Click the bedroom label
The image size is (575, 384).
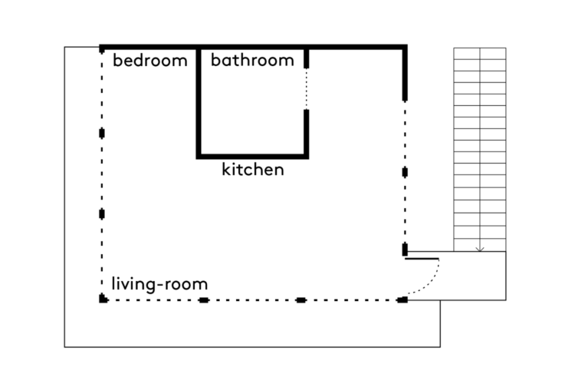[150, 60]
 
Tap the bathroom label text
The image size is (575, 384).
[252, 60]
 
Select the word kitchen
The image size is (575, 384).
[253, 170]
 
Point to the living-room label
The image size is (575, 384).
[159, 283]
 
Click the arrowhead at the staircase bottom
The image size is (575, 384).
[480, 250]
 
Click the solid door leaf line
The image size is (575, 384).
[422, 259]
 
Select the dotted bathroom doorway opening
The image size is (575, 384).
[306, 89]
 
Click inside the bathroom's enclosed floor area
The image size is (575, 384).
[252, 111]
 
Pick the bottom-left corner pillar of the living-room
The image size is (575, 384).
[103, 299]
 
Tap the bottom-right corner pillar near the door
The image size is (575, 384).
[402, 300]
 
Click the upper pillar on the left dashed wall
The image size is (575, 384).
[102, 133]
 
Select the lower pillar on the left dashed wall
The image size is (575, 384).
[102, 214]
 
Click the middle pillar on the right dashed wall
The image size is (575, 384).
[405, 172]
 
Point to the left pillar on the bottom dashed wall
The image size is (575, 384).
[203, 300]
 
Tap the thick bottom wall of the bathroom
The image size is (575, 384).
[252, 157]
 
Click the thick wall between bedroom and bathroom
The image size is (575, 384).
[199, 101]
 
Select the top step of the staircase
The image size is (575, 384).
[480, 53]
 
